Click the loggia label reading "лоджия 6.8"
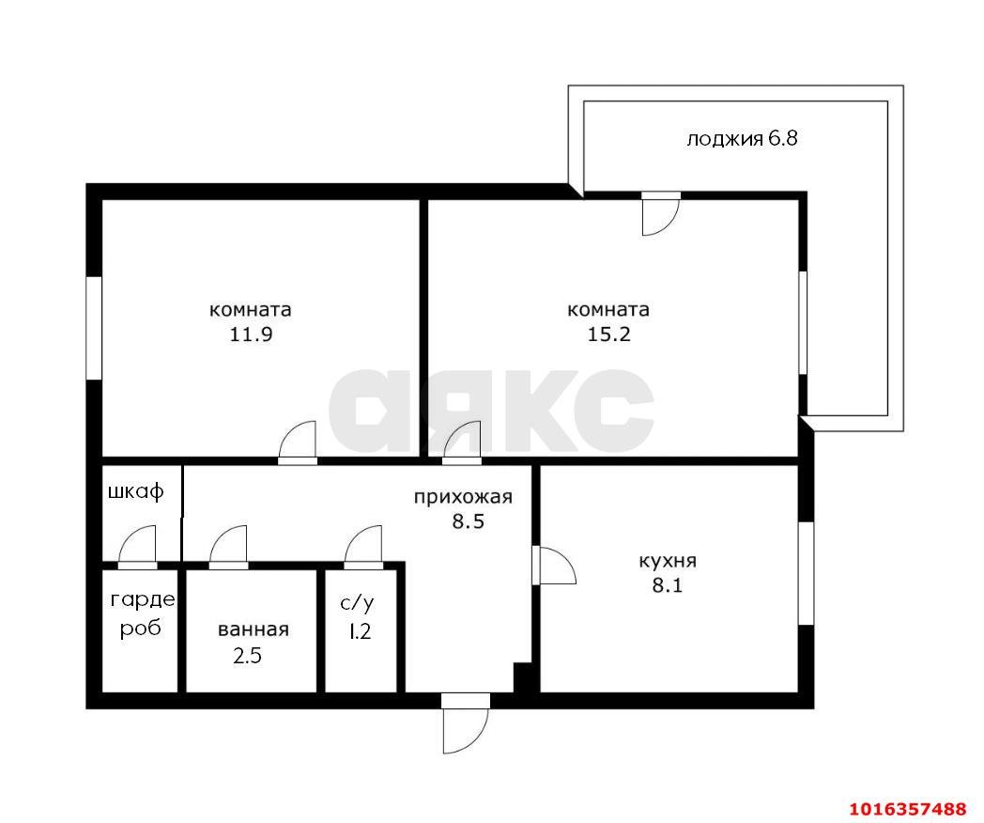[742, 139]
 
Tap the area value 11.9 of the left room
[251, 334]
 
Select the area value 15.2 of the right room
[608, 334]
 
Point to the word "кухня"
[668, 561]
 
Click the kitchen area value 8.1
[668, 585]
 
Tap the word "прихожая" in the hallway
[463, 497]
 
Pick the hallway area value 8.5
[469, 521]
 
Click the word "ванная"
[254, 629]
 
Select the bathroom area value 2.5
[247, 656]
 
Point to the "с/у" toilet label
[358, 604]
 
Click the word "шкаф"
[136, 491]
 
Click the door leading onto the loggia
[661, 213]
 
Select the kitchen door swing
[554, 566]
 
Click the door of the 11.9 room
[298, 443]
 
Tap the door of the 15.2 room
[462, 443]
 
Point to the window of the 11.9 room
[94, 328]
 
